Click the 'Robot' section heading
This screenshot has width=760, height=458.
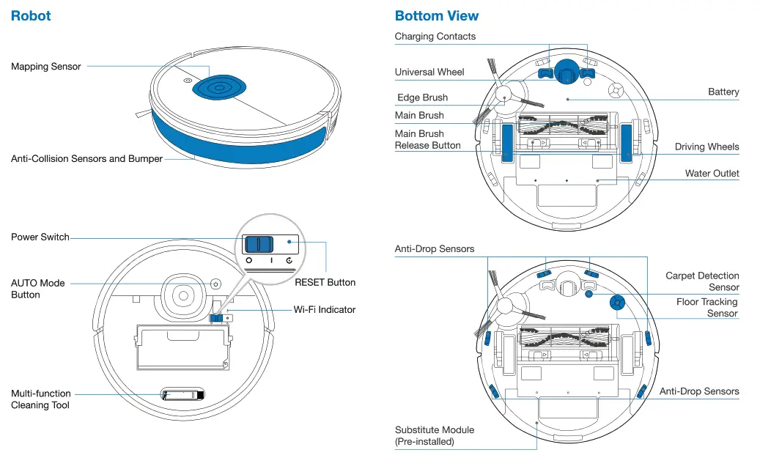tap(31, 15)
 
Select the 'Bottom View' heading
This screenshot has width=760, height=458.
tap(436, 15)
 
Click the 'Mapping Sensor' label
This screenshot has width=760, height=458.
tap(45, 67)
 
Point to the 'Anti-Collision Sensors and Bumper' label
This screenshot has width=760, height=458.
tap(86, 158)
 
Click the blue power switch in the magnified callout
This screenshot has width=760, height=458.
tap(258, 244)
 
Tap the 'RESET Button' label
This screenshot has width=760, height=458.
tap(325, 282)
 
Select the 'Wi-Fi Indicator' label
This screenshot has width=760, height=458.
tap(324, 309)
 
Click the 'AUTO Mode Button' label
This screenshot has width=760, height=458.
tap(38, 289)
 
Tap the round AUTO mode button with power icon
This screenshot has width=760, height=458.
tap(215, 284)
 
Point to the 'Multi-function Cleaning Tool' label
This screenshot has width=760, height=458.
tap(41, 399)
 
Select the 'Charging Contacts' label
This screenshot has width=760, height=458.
tap(435, 37)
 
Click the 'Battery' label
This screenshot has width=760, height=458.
tap(723, 92)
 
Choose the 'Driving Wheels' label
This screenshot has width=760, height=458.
tap(706, 147)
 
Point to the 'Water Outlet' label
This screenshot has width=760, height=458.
tap(712, 174)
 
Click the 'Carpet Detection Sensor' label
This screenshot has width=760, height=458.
tap(701, 281)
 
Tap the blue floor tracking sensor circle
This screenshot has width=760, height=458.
tap(616, 302)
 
